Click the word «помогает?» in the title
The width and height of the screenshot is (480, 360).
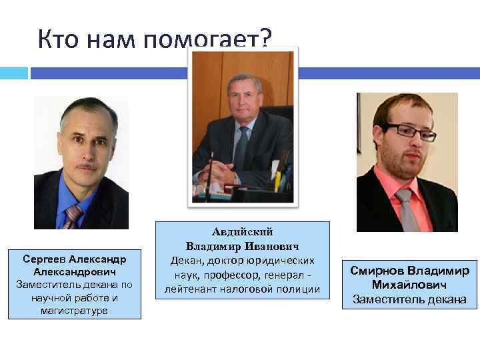(x=207, y=40)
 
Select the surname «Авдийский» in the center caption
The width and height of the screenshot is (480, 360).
(x=243, y=232)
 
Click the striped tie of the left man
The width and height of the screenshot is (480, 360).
(x=72, y=216)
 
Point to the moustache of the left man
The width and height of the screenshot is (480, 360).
(x=85, y=165)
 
